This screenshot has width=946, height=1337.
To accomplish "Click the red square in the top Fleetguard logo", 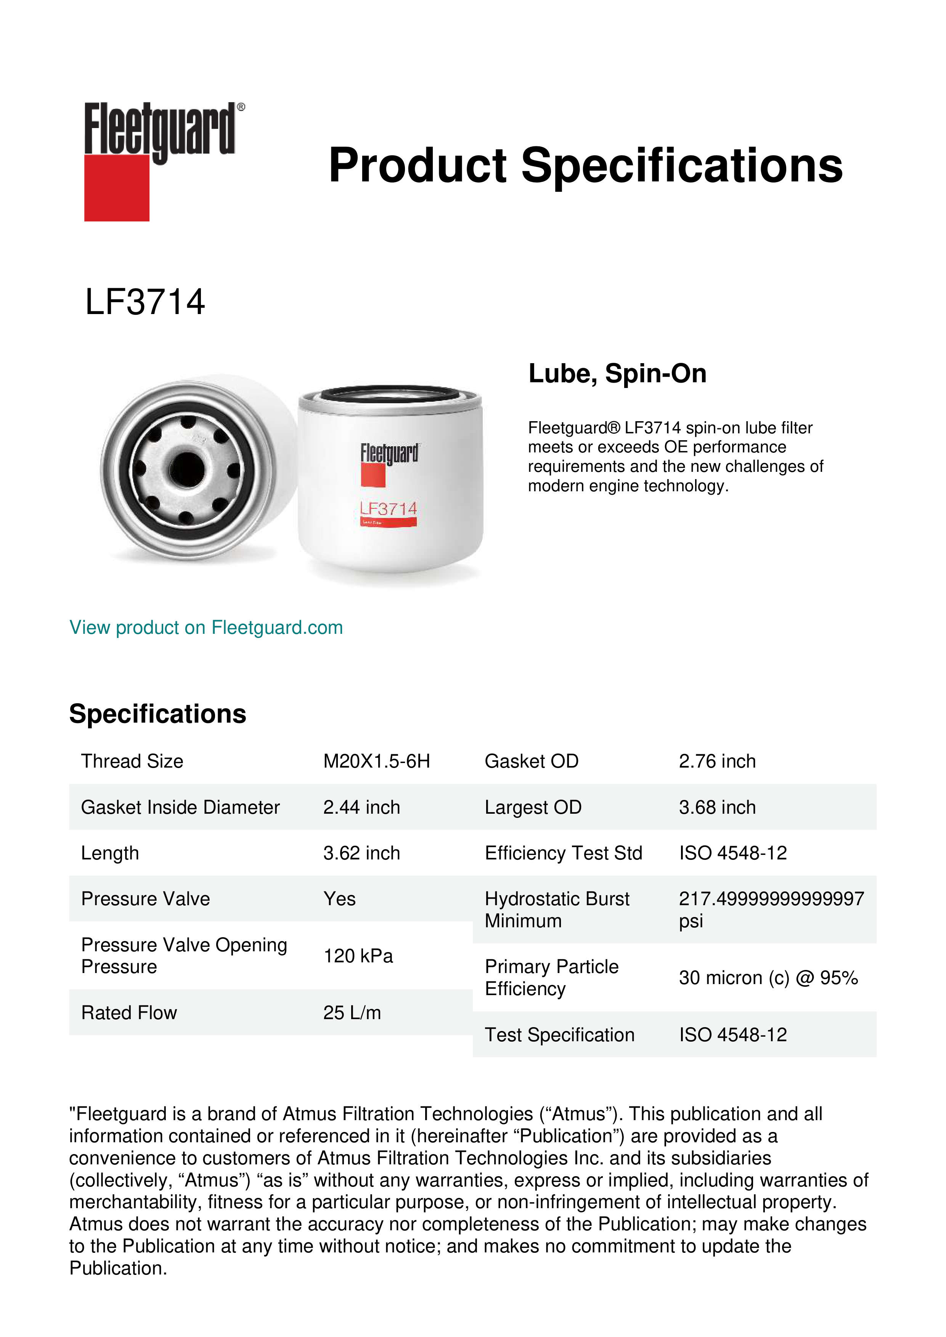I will (117, 188).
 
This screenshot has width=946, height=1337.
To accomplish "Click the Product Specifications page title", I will (585, 165).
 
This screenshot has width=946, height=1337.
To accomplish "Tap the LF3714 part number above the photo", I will (145, 302).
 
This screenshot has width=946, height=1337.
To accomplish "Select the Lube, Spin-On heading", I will (617, 373).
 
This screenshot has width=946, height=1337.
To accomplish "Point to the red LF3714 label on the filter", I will (389, 509).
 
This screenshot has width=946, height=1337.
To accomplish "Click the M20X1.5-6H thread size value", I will (376, 761).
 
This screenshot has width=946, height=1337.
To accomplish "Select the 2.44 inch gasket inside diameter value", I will (361, 807).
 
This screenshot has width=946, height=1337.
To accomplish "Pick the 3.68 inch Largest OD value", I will (717, 807).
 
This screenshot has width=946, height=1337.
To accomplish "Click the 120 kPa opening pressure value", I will (358, 955).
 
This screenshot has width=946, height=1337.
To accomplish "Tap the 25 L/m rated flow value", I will (352, 1013).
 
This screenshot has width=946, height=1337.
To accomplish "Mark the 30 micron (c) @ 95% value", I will (768, 978).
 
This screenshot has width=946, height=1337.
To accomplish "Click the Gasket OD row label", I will (531, 761).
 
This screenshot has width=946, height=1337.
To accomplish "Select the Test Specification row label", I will (559, 1035).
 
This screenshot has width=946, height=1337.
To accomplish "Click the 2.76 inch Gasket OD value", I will (717, 761).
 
